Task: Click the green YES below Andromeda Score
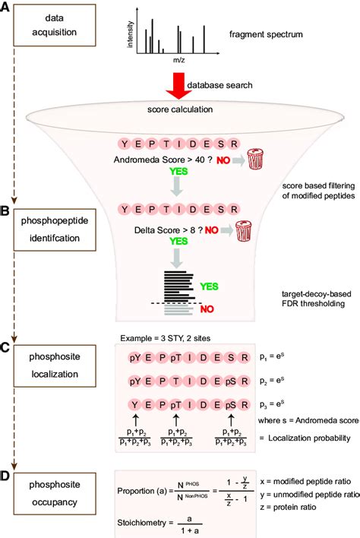(x=175, y=182)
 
